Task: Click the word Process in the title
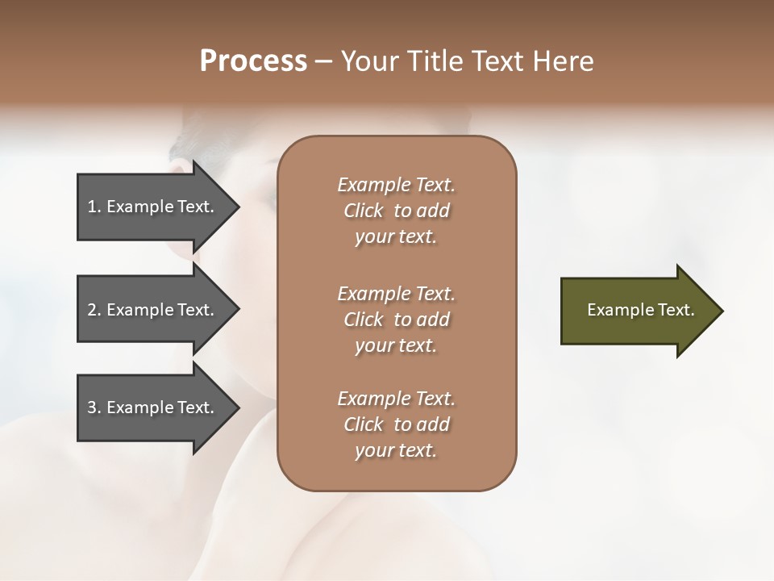253,61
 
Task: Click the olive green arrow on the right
637,310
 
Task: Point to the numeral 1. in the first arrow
94,207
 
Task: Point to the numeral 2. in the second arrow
94,310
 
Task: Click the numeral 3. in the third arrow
94,408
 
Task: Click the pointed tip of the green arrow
720,311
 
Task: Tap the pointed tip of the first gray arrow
237,207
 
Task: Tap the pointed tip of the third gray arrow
237,408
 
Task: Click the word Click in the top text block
364,211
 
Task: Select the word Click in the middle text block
364,320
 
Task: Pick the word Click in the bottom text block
364,424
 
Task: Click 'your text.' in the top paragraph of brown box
396,237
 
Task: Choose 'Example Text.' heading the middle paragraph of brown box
396,294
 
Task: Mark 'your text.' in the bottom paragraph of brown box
396,451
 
